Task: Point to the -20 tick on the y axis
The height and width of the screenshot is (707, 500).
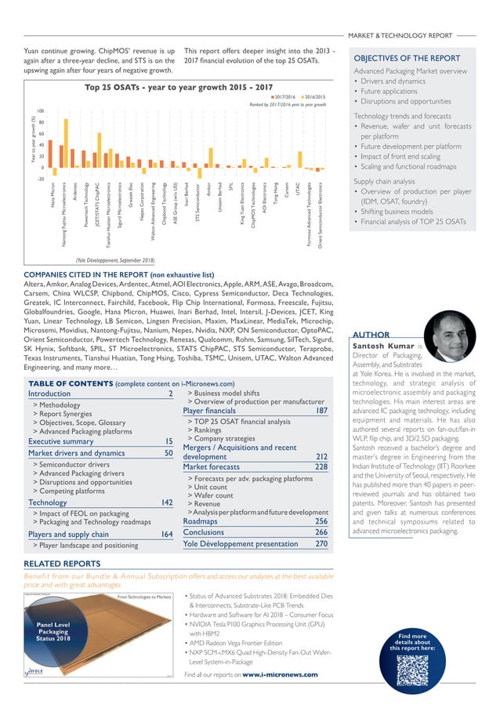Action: pyautogui.click(x=40, y=178)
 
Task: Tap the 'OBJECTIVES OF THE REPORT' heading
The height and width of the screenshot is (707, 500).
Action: pyautogui.click(x=407, y=58)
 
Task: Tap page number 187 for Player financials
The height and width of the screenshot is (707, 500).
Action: pyautogui.click(x=321, y=411)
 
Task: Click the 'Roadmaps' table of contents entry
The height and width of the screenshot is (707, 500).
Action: pyautogui.click(x=200, y=499)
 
